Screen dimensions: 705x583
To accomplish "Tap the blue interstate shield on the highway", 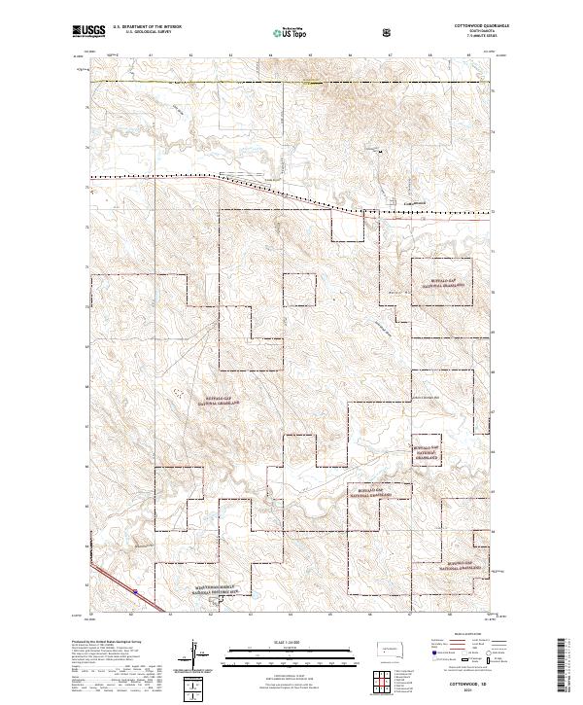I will (136, 588).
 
